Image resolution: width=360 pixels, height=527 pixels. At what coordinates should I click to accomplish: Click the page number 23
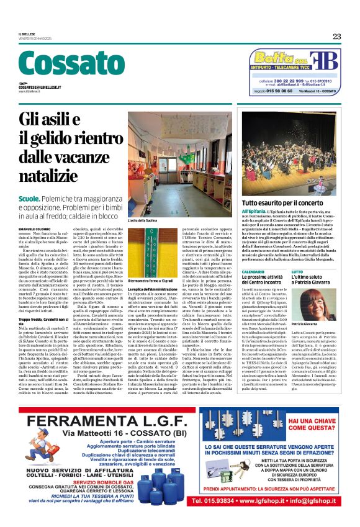[336, 36]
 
